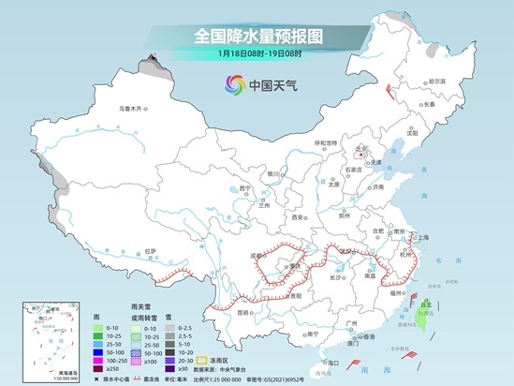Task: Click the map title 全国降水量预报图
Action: coord(257,36)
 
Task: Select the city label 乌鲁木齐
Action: coord(133,109)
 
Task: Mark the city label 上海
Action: coord(421,237)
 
